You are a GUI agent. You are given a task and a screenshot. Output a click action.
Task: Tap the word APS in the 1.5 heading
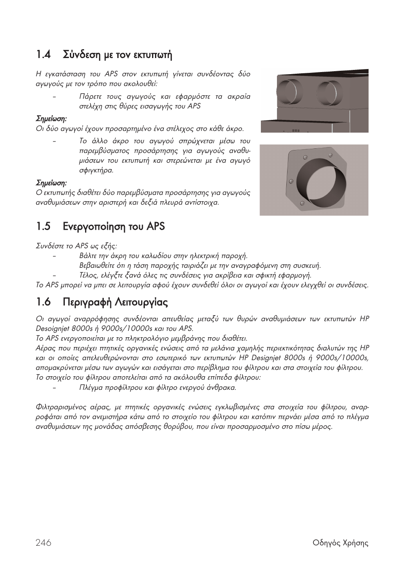click(155, 227)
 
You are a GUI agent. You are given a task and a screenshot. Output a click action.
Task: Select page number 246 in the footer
click(44, 543)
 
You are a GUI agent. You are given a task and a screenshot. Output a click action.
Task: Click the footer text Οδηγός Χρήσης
click(340, 543)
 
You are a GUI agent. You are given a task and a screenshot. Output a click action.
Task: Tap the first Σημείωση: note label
click(51, 119)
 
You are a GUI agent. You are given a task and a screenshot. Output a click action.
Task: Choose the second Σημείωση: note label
click(51, 183)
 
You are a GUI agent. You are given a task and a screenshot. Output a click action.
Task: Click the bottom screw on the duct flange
click(302, 204)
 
